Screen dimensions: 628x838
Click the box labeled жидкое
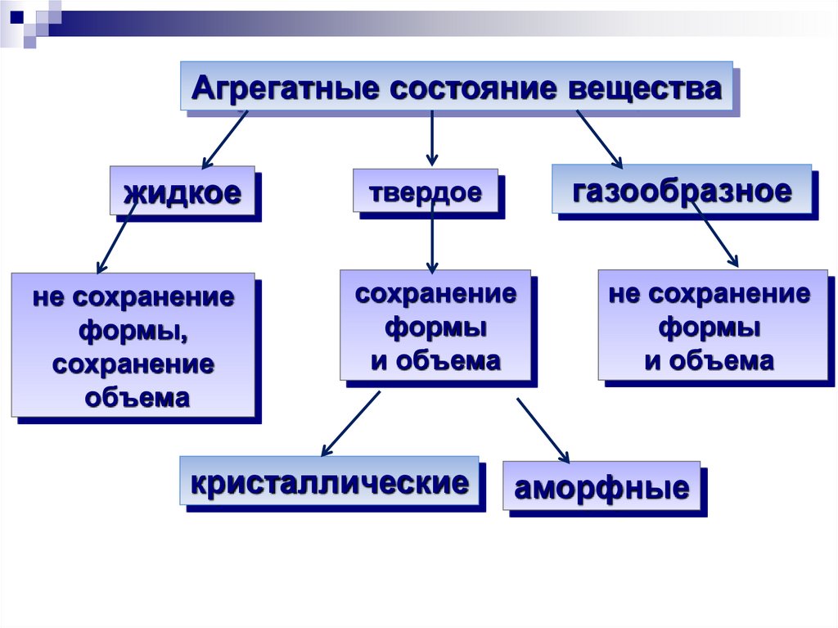coord(182,192)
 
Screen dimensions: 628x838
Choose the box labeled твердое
coord(425,192)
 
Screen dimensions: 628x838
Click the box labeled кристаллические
coord(329,481)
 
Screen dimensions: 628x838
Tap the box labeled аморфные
coord(601,488)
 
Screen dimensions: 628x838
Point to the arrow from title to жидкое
coord(224,139)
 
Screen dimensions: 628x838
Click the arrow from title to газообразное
coord(599,138)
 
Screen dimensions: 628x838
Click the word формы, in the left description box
coord(133,331)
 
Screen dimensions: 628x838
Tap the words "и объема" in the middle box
coord(435,360)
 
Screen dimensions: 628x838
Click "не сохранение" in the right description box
coord(710,294)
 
